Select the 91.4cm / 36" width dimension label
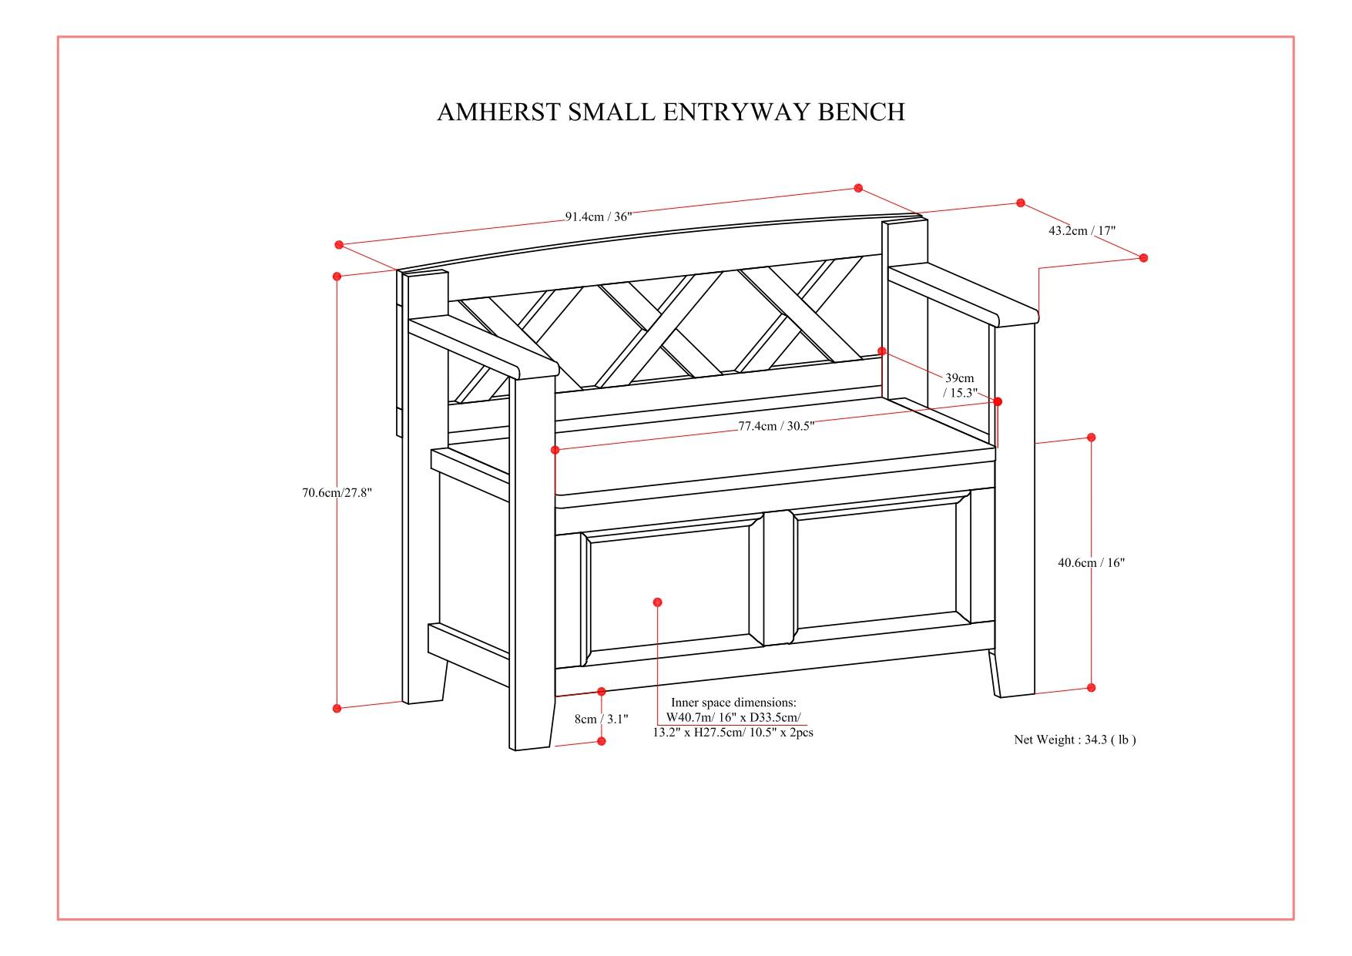(599, 216)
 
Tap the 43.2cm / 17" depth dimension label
(1081, 230)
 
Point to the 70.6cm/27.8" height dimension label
(337, 493)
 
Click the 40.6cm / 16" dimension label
(1090, 563)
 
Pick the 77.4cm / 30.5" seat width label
(776, 426)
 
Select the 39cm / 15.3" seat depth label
(960, 385)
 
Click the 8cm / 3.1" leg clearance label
(601, 719)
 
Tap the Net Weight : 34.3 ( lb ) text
(1074, 740)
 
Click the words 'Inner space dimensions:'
(733, 703)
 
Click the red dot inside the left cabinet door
(657, 602)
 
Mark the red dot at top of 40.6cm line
(1091, 438)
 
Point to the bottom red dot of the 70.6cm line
(337, 708)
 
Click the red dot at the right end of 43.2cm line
(1143, 257)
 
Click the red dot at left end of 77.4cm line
(555, 449)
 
